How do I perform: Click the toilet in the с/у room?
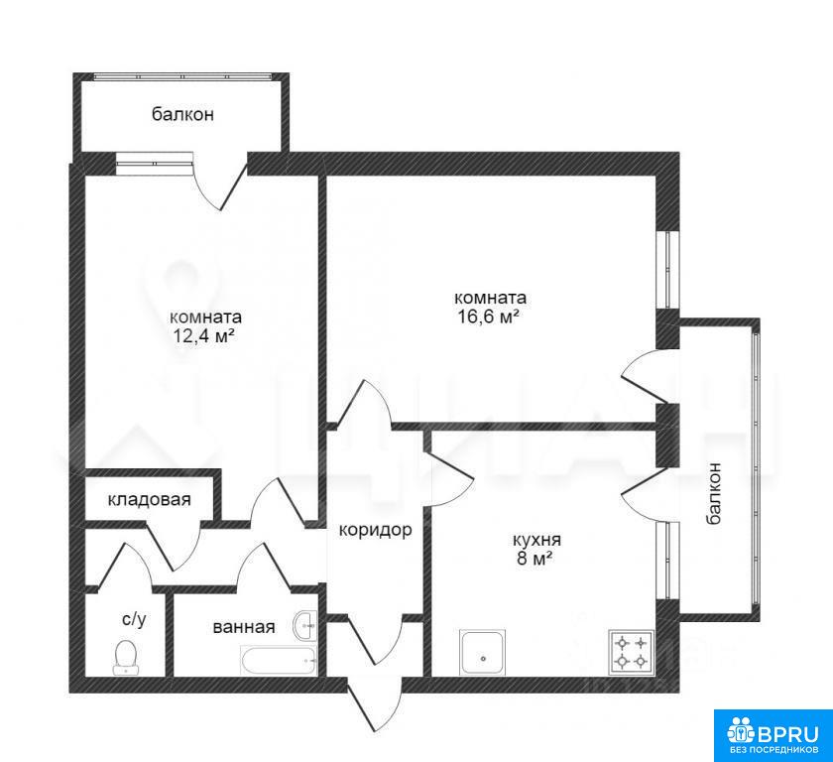click(126, 657)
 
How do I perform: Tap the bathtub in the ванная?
click(279, 661)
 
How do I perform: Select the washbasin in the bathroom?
click(304, 625)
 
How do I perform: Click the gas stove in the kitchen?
click(632, 653)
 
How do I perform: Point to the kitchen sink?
click(483, 653)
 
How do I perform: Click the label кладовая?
click(150, 499)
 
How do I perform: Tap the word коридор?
click(376, 530)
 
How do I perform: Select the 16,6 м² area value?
click(488, 317)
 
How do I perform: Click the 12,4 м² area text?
click(204, 335)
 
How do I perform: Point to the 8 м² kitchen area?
click(535, 559)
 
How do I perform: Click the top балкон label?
click(182, 114)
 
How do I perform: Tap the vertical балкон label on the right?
click(714, 493)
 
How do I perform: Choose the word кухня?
click(536, 540)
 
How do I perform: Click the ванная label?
click(244, 627)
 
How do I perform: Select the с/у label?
click(134, 618)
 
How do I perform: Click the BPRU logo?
click(773, 735)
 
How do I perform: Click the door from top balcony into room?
click(220, 181)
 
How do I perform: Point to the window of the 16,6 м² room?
click(667, 270)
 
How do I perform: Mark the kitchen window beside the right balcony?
click(667, 561)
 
